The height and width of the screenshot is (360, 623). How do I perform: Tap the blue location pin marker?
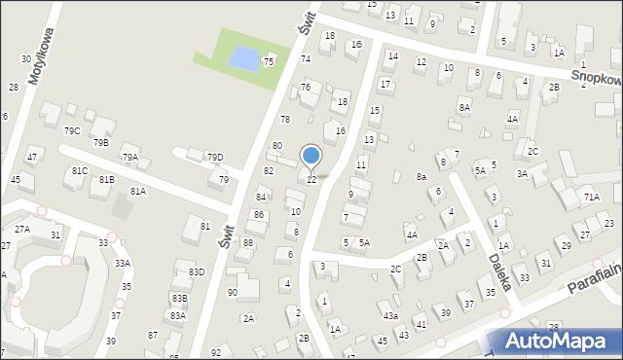tap(311, 157)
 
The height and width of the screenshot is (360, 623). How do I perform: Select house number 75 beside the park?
tap(268, 61)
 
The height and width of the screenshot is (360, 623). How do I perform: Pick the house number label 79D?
tap(214, 157)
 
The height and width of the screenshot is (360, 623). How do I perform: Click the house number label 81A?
tap(137, 192)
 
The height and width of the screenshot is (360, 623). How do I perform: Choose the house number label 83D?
tap(197, 271)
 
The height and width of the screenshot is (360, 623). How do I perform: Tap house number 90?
tap(232, 292)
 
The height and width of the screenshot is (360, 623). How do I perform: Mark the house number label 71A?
tap(592, 197)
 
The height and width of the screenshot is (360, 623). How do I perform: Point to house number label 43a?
tap(390, 316)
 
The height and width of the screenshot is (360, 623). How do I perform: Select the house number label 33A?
tap(122, 263)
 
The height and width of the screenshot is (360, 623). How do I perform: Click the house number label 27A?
tap(21, 229)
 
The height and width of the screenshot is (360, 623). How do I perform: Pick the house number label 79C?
tap(72, 130)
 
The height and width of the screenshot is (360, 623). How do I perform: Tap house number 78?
tap(285, 119)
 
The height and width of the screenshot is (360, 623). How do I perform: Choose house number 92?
tap(216, 352)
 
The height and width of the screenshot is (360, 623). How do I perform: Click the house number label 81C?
tap(80, 170)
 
